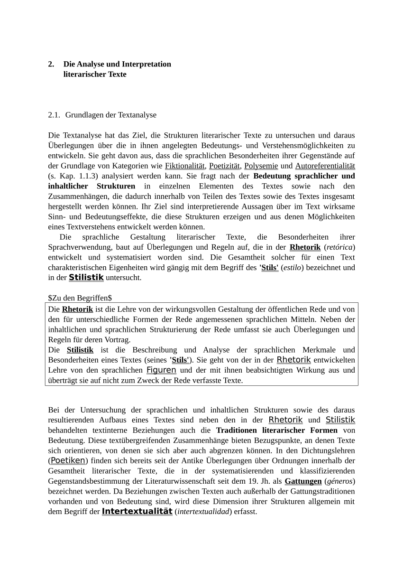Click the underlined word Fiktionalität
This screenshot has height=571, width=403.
pyautogui.click(x=185, y=166)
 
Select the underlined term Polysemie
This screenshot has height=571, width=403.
pyautogui.click(x=261, y=166)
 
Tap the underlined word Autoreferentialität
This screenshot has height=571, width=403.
pyautogui.click(x=325, y=166)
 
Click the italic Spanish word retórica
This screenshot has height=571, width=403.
pyautogui.click(x=339, y=247)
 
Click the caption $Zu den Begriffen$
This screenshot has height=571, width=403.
pyautogui.click(x=80, y=298)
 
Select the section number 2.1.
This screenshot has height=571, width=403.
pyautogui.click(x=54, y=115)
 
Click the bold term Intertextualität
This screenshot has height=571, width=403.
pyautogui.click(x=137, y=512)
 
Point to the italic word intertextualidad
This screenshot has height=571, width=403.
pyautogui.click(x=203, y=512)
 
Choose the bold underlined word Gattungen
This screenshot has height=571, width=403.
pyautogui.click(x=303, y=481)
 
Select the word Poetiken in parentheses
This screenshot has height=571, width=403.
pyautogui.click(x=68, y=460)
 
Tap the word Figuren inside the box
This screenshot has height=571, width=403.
pyautogui.click(x=161, y=370)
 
